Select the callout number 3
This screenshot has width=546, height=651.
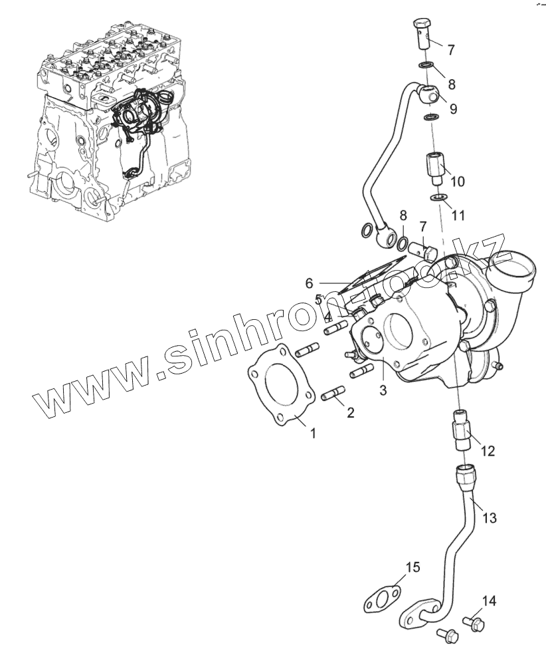(x=383, y=390)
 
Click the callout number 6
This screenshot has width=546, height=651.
(x=309, y=283)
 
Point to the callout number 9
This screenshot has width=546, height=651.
(x=453, y=108)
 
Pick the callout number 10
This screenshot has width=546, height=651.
(x=458, y=181)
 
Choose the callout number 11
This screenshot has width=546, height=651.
(x=458, y=215)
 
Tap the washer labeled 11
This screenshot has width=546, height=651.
(x=438, y=197)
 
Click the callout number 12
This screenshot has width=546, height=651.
(x=488, y=451)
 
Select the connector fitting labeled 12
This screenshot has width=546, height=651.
(x=462, y=430)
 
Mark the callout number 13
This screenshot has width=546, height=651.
(x=489, y=517)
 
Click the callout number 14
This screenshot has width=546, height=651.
(x=489, y=602)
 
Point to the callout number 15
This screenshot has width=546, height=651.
(x=412, y=567)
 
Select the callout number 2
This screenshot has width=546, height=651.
(x=350, y=412)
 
